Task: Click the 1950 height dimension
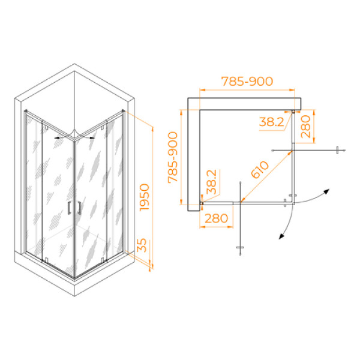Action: pyautogui.click(x=145, y=197)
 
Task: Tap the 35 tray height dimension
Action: pyautogui.click(x=142, y=245)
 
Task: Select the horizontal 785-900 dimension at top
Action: pyautogui.click(x=247, y=81)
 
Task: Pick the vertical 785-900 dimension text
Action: pyautogui.click(x=173, y=157)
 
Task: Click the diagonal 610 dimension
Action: pyautogui.click(x=260, y=170)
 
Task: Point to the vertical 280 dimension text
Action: pyautogui.click(x=305, y=127)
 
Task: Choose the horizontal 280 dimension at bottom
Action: pyautogui.click(x=216, y=218)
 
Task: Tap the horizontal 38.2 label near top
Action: pyautogui.click(x=272, y=122)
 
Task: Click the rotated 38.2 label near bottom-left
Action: pyautogui.click(x=212, y=182)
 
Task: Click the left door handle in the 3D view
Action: pyautogui.click(x=68, y=208)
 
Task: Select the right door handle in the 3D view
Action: pyautogui.click(x=80, y=208)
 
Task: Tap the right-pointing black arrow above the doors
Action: pyautogui.click(x=92, y=138)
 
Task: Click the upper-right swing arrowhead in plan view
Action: pyautogui.click(x=326, y=192)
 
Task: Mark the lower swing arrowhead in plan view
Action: pyautogui.click(x=281, y=236)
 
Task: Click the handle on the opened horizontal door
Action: pyautogui.click(x=337, y=150)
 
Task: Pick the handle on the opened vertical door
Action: pyautogui.click(x=240, y=247)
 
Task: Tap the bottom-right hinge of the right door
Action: pyautogui.click(x=103, y=260)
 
